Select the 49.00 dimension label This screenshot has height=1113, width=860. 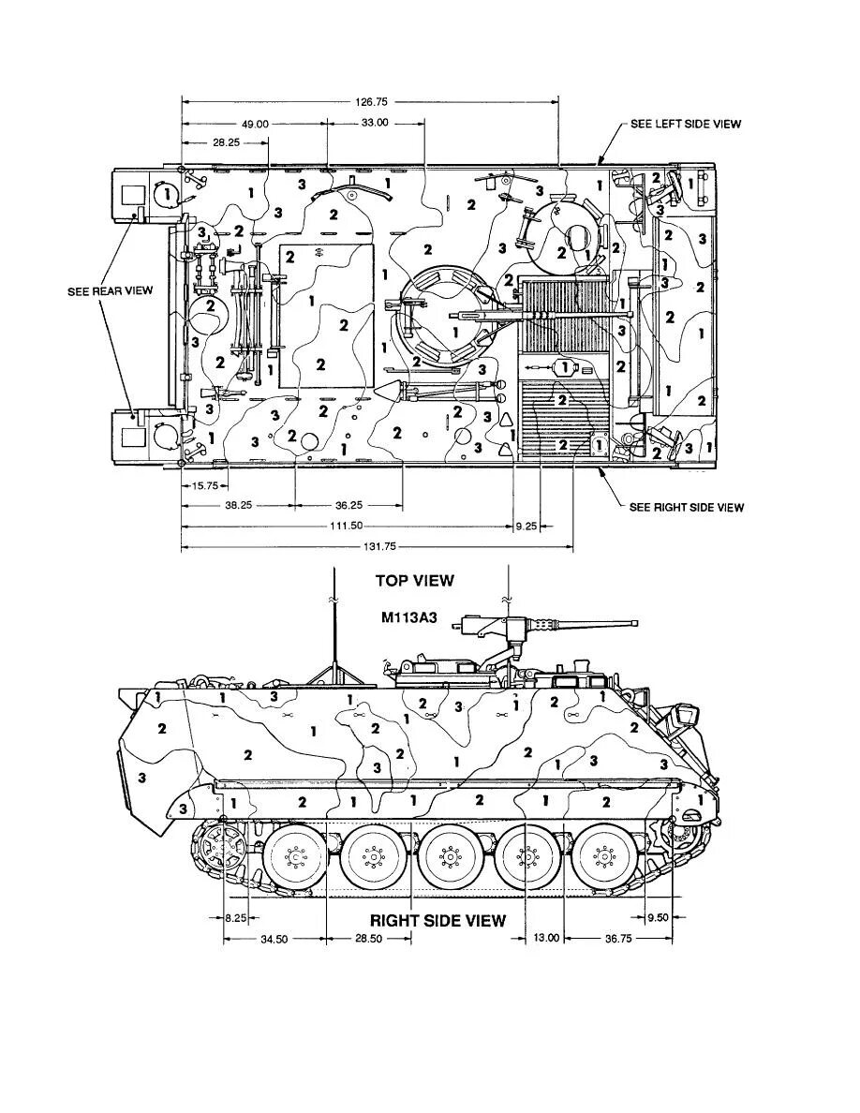click(x=255, y=124)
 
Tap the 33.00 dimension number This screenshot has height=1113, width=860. click(x=375, y=124)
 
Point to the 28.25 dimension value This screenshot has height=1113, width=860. click(x=226, y=142)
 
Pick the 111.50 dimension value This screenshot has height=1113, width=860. click(x=347, y=527)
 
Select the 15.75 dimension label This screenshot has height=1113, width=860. click(x=204, y=485)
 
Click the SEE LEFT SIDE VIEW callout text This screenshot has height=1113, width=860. click(x=685, y=125)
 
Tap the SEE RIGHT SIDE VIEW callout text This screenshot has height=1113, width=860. click(x=687, y=508)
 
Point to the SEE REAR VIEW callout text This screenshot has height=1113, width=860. click(x=110, y=291)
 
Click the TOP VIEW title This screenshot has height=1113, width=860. click(x=414, y=581)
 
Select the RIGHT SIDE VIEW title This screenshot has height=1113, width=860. click(x=437, y=920)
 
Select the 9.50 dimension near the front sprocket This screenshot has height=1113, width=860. click(x=658, y=918)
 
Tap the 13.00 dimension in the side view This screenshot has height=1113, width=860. click(x=545, y=939)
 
